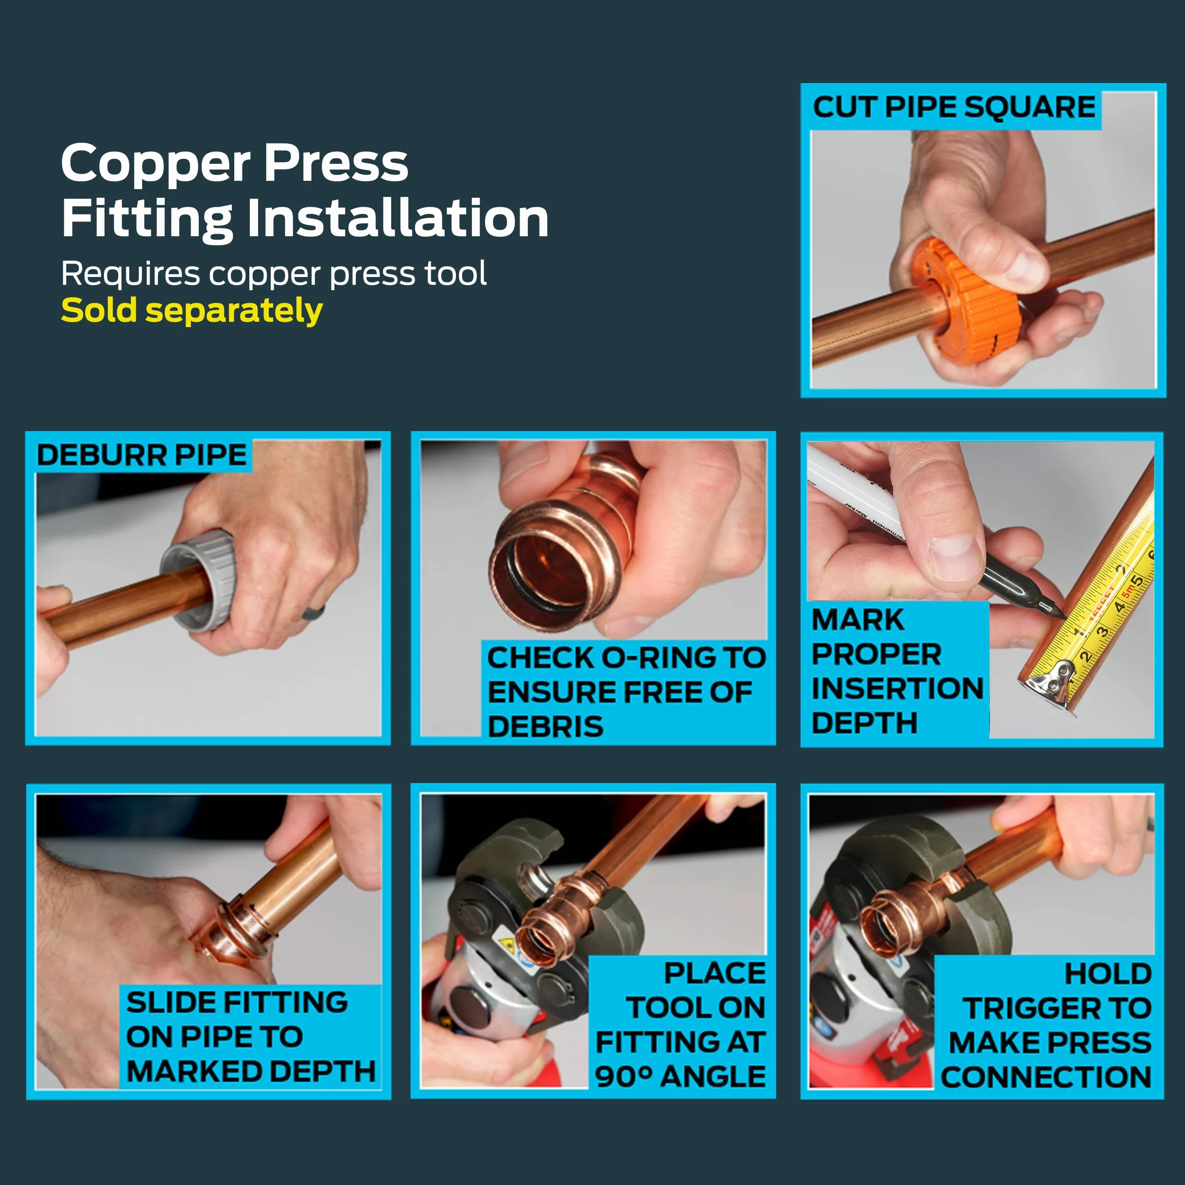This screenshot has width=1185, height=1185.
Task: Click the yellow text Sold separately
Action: coord(192,311)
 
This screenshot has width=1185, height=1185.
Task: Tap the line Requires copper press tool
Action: coord(274,274)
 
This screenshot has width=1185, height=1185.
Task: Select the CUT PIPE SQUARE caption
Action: coord(954,107)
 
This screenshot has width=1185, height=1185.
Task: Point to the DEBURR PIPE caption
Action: coord(142,455)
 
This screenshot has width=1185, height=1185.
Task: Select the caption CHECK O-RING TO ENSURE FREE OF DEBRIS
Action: coord(626,692)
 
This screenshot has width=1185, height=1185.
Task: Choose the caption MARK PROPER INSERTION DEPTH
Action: coord(897,671)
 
